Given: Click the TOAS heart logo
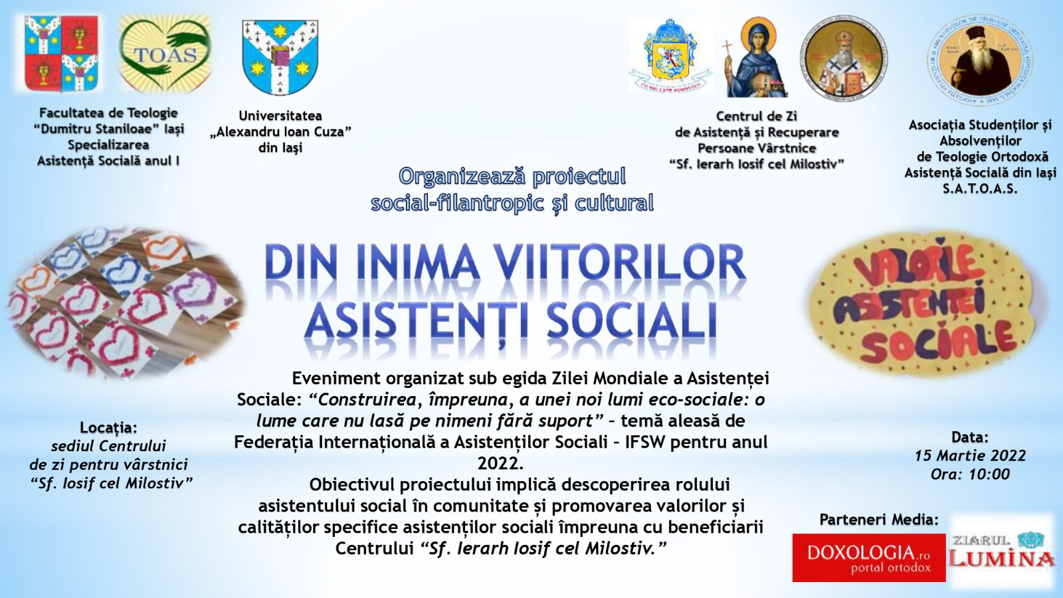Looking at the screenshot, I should click(x=165, y=54).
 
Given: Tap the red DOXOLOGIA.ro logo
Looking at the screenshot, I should click(x=868, y=557).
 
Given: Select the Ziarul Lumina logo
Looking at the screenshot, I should click(x=1002, y=551).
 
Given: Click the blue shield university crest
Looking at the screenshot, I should click(x=280, y=56).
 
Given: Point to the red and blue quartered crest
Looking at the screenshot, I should click(x=61, y=53).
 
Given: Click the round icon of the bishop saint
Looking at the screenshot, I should click(x=843, y=58).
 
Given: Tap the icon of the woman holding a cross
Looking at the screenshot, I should click(x=755, y=58).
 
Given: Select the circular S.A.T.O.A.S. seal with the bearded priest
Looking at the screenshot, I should click(x=980, y=60).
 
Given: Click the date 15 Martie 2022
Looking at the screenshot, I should click(x=970, y=456).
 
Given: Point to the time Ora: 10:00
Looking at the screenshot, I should click(x=970, y=474).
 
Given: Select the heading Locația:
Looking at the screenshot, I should click(x=108, y=427).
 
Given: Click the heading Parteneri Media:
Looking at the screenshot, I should click(x=879, y=520).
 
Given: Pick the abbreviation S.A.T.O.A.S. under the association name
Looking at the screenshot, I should click(x=979, y=189).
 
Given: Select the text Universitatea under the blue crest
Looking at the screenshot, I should click(x=280, y=116).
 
